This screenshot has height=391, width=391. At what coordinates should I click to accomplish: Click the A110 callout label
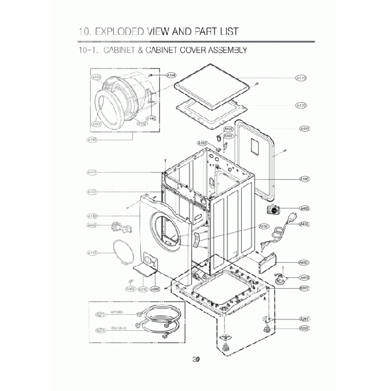click(302, 78)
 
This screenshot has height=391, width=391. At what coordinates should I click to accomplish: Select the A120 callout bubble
click(302, 105)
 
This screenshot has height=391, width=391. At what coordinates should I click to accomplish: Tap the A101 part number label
click(304, 129)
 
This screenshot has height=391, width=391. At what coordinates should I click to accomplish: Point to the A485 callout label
click(304, 209)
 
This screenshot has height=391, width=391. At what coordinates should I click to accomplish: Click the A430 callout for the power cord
click(304, 224)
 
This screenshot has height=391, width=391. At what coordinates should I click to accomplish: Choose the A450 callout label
click(304, 262)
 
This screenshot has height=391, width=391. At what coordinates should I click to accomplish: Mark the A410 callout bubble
click(304, 277)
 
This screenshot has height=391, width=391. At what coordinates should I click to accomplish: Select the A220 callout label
click(304, 328)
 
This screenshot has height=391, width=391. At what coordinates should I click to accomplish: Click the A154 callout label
click(171, 75)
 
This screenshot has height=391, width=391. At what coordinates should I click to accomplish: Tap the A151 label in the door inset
click(96, 124)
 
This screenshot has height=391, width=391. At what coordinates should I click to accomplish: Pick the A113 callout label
click(93, 253)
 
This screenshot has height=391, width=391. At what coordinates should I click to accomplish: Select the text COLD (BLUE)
click(119, 328)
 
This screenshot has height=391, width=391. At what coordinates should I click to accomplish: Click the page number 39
click(195, 360)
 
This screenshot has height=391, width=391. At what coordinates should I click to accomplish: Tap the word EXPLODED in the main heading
click(131, 31)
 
